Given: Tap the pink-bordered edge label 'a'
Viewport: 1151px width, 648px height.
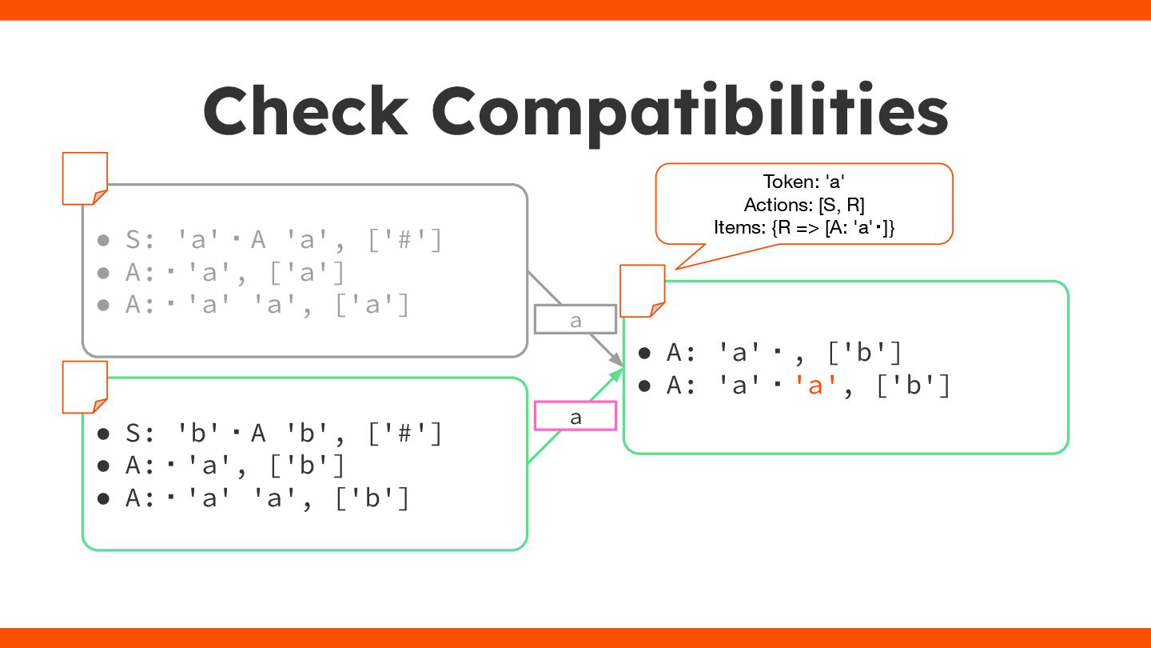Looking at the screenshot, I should (575, 416).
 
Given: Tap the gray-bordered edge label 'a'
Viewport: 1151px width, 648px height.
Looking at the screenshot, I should (575, 320).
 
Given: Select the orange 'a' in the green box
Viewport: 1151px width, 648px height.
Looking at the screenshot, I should (815, 386).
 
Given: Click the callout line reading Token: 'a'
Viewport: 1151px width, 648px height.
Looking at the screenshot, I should (803, 182).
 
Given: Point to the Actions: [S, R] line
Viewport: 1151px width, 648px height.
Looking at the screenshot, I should (803, 204).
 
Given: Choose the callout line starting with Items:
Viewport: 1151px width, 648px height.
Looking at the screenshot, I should (803, 227).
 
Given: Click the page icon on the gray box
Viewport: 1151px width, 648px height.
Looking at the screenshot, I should (85, 178).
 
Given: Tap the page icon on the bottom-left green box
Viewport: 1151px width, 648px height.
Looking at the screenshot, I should (85, 387).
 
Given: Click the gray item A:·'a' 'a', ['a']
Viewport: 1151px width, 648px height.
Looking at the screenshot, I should (267, 305).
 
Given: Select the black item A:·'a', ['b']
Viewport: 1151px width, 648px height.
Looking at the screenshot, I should (235, 466).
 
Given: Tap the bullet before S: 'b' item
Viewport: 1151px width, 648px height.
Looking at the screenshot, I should (103, 434).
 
